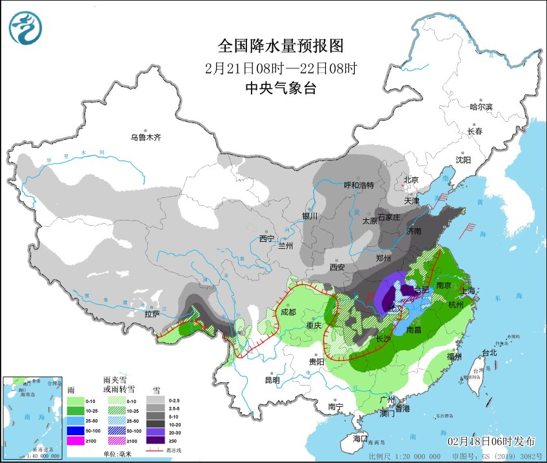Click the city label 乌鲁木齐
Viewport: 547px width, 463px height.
click(145, 137)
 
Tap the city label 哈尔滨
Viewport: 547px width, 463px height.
click(481, 106)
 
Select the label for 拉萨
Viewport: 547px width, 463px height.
click(152, 315)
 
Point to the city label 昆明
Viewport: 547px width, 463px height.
click(272, 380)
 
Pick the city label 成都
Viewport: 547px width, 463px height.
click(288, 312)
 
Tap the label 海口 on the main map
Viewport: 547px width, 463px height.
click(361, 438)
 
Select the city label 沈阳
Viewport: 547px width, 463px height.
click(463, 159)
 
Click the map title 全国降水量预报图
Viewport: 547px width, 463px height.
click(281, 46)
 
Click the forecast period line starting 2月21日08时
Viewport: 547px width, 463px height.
click(281, 68)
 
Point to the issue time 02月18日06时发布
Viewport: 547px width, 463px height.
click(492, 441)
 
